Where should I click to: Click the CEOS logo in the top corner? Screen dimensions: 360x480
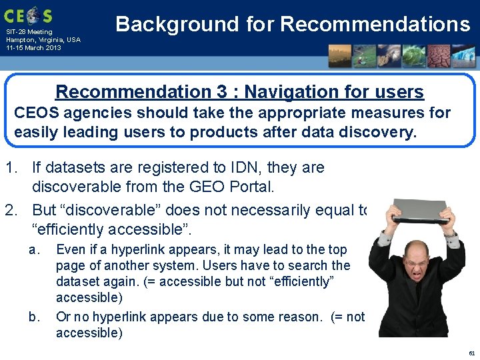coord(29,14)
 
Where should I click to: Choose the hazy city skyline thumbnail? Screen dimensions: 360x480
coord(339,56)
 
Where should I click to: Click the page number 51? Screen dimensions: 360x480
coord(471,353)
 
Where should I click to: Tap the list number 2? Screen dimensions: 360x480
coord(10,210)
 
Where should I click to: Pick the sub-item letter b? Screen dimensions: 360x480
coord(33,316)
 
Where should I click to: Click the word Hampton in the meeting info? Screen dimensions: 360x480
coord(19,40)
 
